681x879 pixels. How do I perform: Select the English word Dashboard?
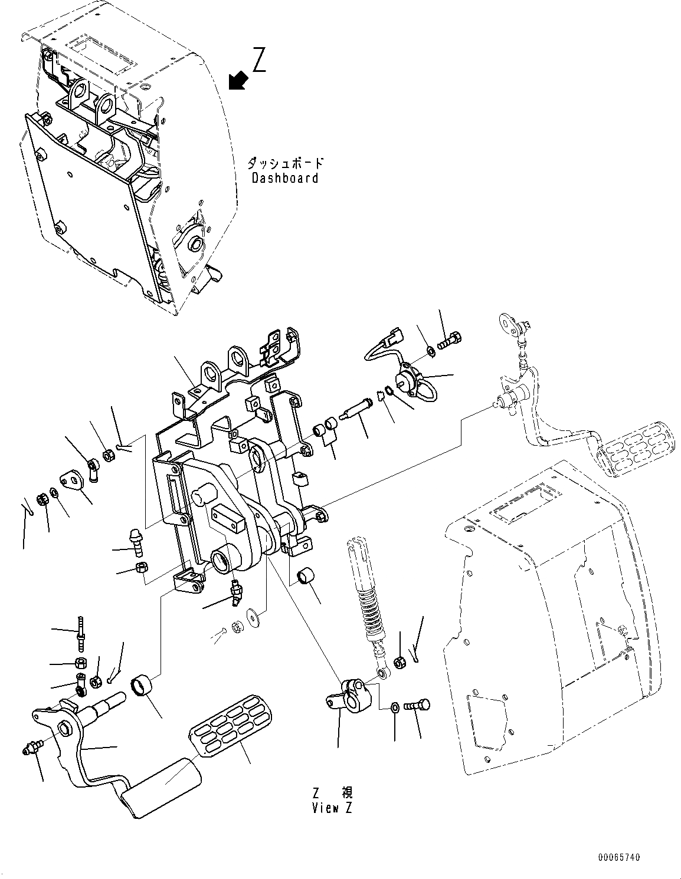tap(285, 178)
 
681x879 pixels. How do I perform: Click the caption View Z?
tap(332, 808)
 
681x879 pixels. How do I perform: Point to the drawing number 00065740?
tap(617, 857)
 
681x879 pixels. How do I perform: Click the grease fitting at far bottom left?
tap(30, 749)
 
